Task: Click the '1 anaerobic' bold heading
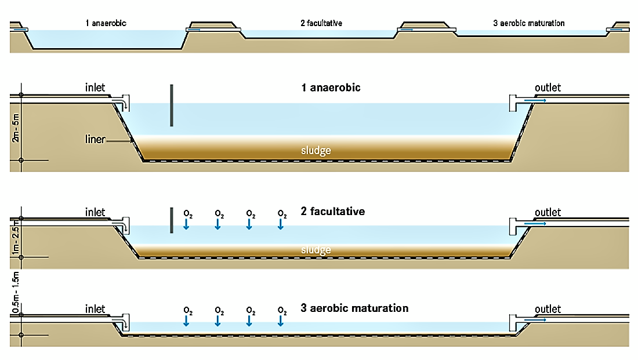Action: click(x=331, y=88)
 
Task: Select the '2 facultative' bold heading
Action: click(x=333, y=212)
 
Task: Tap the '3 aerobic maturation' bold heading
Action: click(x=354, y=308)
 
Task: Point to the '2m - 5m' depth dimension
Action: click(x=16, y=128)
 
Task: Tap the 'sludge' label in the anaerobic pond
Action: click(x=316, y=151)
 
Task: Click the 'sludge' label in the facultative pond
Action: click(x=316, y=250)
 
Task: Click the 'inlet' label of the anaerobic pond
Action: click(x=95, y=88)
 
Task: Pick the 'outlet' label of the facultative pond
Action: click(x=548, y=212)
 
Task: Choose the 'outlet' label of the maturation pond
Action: click(x=548, y=308)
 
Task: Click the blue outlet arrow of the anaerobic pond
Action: click(x=535, y=100)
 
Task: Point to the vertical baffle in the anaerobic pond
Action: click(x=172, y=105)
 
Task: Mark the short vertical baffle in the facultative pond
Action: click(x=172, y=220)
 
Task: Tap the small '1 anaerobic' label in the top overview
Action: click(x=105, y=24)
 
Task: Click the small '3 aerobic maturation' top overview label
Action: click(x=528, y=24)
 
